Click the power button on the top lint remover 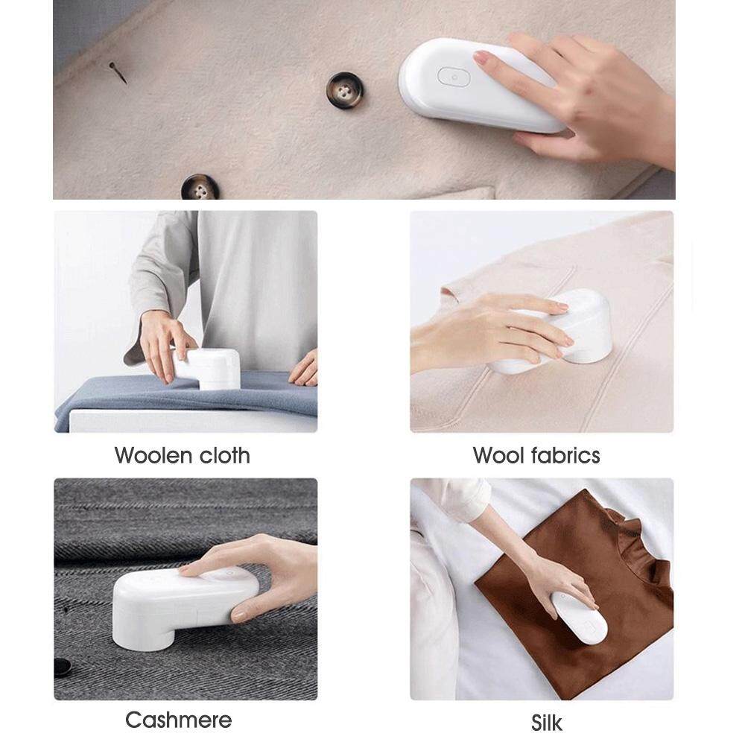click(x=454, y=77)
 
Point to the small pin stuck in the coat click(x=118, y=72)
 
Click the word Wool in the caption click(x=498, y=455)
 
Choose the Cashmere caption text click(x=179, y=720)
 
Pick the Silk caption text click(x=547, y=723)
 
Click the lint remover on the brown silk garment click(x=578, y=617)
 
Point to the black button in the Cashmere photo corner click(x=63, y=667)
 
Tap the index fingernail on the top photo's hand click(x=481, y=58)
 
